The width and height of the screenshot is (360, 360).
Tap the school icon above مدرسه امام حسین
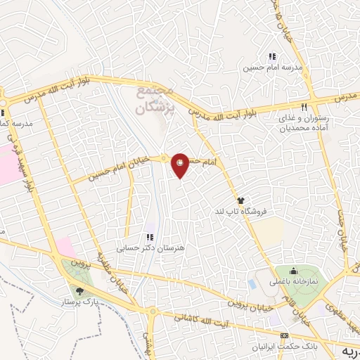tap(272, 57)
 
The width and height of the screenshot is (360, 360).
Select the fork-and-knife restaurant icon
tap(304, 108)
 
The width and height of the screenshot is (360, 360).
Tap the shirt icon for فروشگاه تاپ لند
tap(241, 200)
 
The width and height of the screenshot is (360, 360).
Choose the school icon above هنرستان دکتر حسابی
tap(149, 237)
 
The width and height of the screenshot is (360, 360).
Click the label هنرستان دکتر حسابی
tap(150, 247)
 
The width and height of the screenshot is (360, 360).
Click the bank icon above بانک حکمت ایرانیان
tap(285, 335)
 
